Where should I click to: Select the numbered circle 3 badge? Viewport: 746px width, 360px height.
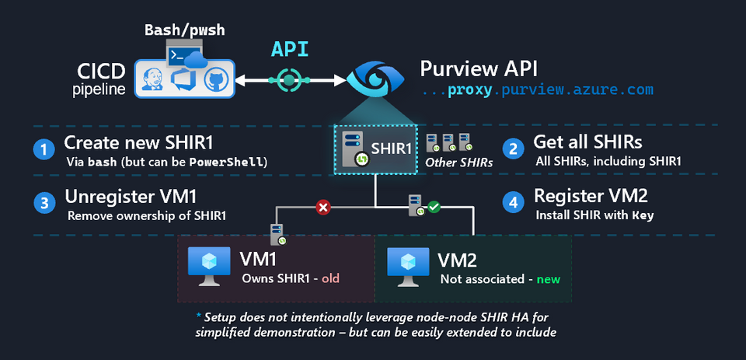(x=45, y=201)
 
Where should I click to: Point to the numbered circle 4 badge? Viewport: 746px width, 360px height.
(x=513, y=201)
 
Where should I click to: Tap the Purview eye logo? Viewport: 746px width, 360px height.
(x=375, y=79)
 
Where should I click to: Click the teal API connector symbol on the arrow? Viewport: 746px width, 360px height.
(x=289, y=79)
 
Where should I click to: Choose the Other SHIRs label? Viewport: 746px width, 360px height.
(x=458, y=163)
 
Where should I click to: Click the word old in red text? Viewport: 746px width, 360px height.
(x=329, y=278)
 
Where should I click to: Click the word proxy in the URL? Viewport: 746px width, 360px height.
(x=473, y=91)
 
